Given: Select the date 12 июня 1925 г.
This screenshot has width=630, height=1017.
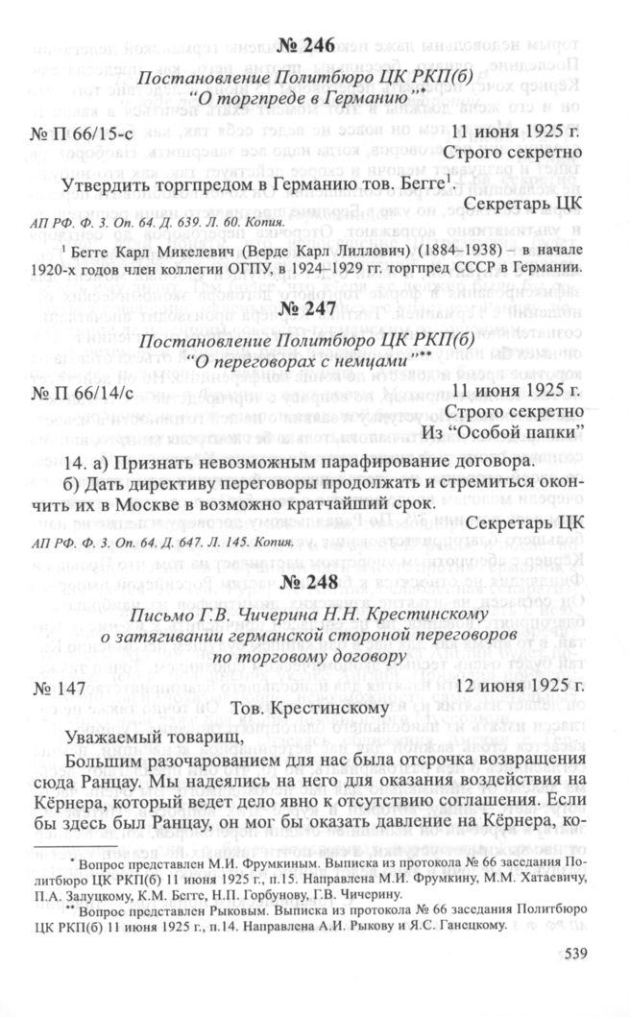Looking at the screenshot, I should pos(519,686).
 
